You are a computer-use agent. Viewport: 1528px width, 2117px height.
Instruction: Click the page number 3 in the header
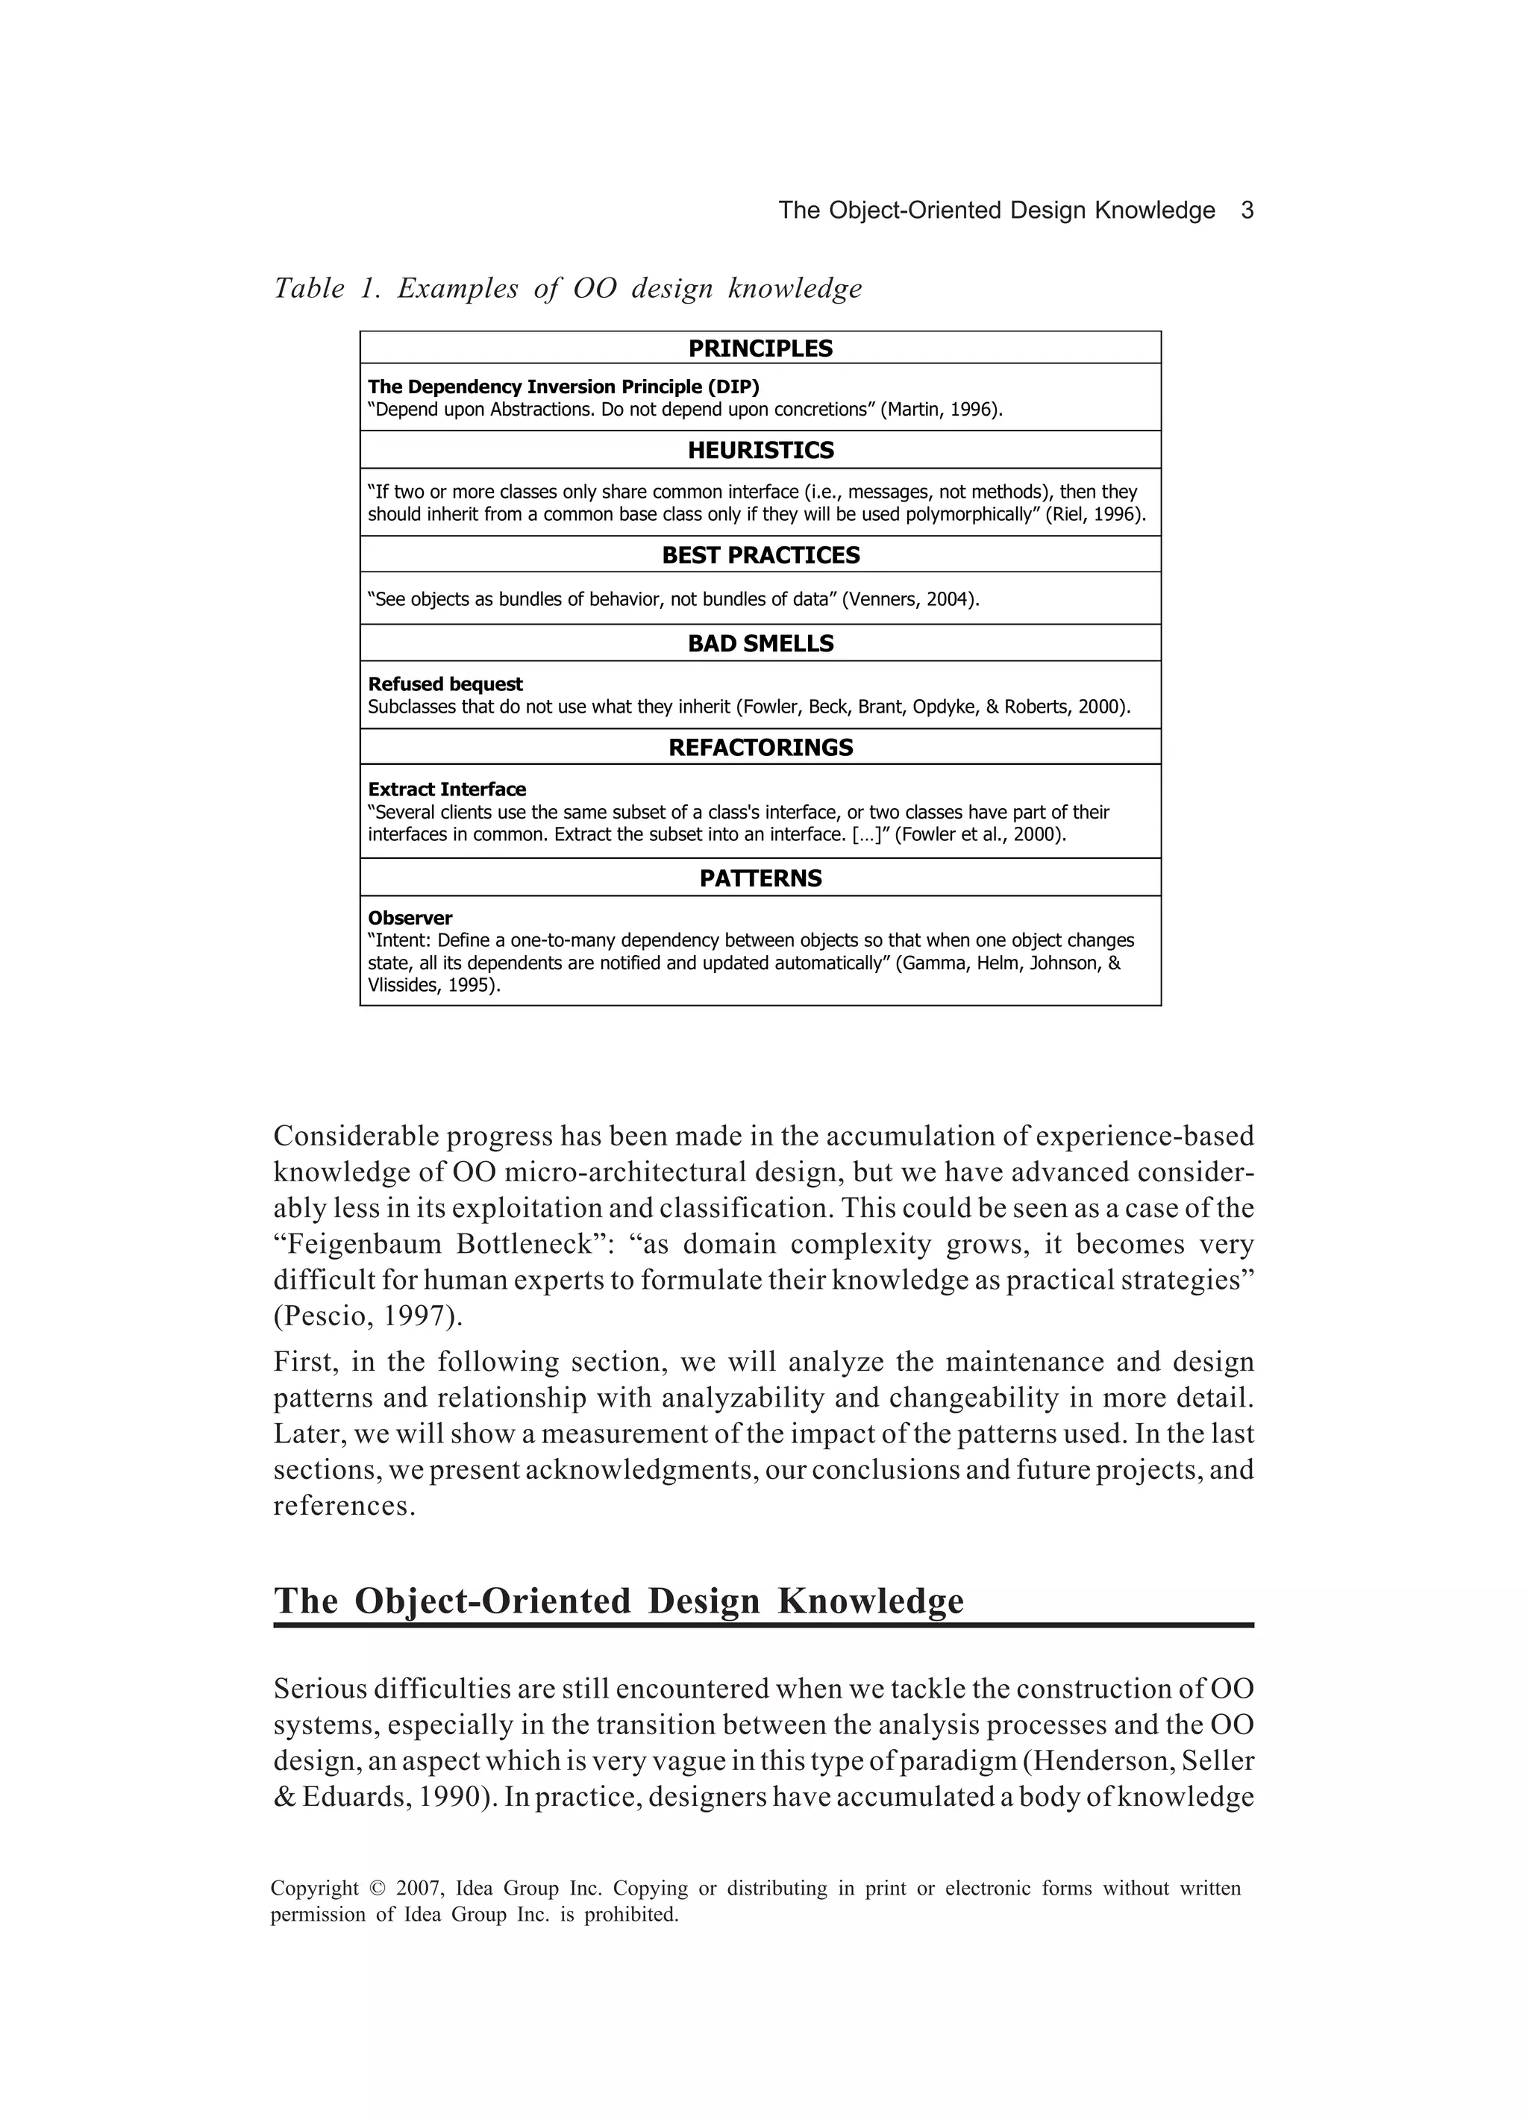1246,211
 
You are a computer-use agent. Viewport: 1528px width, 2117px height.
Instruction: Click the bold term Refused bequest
445,684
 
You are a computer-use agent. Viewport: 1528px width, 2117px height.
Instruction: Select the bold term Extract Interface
447,789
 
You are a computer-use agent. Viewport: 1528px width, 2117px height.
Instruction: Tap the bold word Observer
410,919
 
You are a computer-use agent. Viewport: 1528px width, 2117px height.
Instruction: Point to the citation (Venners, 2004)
910,599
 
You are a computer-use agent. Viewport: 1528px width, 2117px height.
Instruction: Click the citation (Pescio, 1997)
368,1317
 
